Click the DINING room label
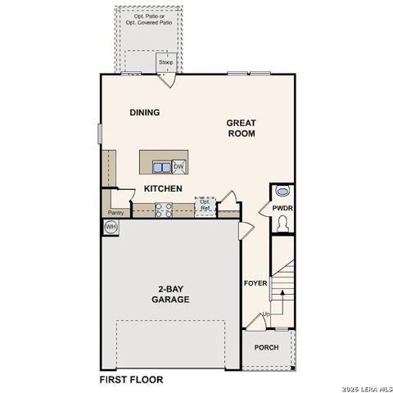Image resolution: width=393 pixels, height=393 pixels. [144, 113]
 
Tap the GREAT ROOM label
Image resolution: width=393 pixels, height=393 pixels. [242, 128]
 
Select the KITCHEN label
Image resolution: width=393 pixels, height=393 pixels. [163, 189]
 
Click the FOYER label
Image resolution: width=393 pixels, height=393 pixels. [255, 283]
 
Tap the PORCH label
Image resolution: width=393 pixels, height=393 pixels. [266, 347]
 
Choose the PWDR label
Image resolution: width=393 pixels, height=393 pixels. [282, 210]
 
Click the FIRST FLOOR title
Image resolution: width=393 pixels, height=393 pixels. [131, 380]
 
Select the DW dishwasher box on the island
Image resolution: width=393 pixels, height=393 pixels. [178, 167]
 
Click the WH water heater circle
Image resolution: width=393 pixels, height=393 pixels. [111, 226]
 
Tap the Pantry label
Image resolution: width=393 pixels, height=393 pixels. [115, 212]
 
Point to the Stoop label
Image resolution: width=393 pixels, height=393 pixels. [166, 62]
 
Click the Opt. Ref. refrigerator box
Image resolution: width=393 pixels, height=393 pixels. [206, 206]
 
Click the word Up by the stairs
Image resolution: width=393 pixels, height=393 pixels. [265, 314]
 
